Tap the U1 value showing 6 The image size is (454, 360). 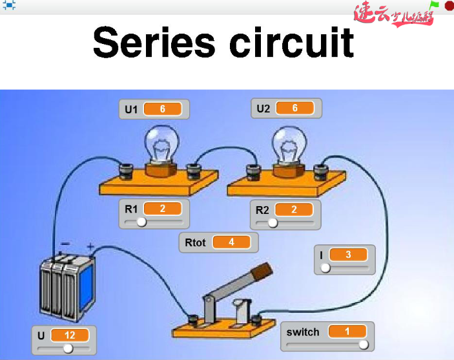(162, 109)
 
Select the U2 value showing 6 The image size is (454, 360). (294, 108)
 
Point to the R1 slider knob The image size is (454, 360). (141, 222)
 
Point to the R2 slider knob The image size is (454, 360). (273, 222)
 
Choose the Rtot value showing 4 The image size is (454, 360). (231, 242)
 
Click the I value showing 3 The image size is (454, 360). (347, 255)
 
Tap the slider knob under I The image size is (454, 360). (325, 267)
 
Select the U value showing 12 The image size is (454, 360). (70, 335)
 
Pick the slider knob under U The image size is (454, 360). (67, 348)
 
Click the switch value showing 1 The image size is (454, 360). (347, 332)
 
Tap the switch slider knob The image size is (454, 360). (364, 344)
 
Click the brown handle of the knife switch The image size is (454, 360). (260, 271)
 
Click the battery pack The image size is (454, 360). (67, 288)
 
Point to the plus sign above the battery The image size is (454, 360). (90, 246)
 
